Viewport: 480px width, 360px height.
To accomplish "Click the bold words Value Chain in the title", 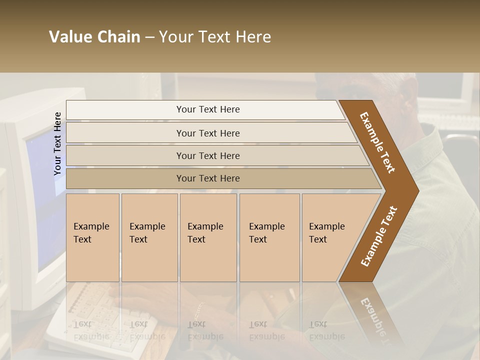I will click(x=94, y=37).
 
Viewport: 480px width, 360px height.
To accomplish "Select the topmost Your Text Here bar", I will click(x=208, y=109).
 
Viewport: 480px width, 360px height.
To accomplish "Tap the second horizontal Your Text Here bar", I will click(x=208, y=133).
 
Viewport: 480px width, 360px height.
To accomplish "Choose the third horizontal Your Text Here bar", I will click(x=208, y=155).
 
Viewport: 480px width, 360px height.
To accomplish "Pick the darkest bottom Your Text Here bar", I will click(x=208, y=178).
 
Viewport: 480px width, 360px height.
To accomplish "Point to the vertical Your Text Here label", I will click(x=57, y=143).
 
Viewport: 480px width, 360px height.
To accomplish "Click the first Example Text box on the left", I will click(x=92, y=237).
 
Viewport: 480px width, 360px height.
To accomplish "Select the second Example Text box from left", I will click(x=149, y=237).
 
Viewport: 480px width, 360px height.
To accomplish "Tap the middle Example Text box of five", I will click(x=208, y=237).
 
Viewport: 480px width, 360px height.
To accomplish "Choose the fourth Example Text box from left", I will click(x=269, y=237).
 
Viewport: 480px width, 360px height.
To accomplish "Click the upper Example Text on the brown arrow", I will click(x=377, y=142).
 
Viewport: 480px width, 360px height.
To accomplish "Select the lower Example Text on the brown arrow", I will click(x=378, y=236).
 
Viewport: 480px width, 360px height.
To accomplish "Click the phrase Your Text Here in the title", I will click(x=215, y=37).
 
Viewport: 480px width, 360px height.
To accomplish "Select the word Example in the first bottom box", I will click(x=91, y=226).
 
